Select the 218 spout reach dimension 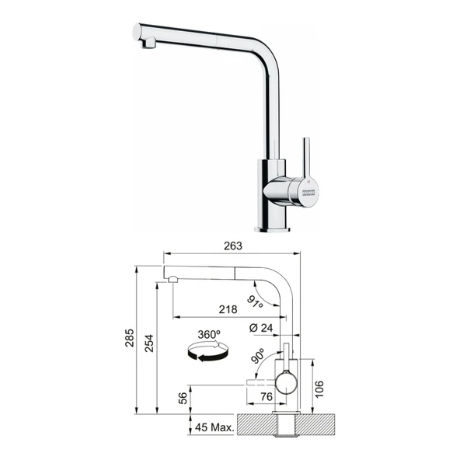point(228,309)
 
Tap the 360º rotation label point(209,334)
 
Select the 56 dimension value point(183,398)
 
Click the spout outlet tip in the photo point(145,44)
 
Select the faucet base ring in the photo point(273,228)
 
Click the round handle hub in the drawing point(286,381)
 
